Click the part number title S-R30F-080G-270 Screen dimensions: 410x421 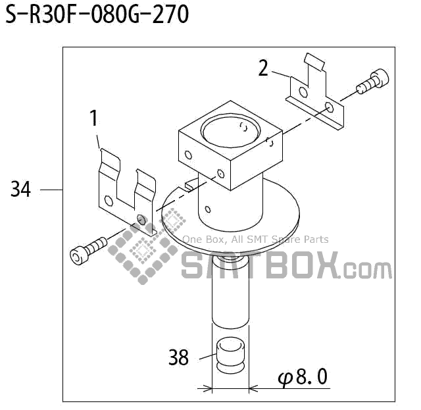[x=97, y=14]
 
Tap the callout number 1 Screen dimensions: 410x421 [x=93, y=118]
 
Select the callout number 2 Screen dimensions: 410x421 [x=263, y=68]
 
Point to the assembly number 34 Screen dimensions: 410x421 [x=20, y=190]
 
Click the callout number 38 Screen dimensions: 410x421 [x=178, y=357]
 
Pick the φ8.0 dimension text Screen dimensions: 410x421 [x=303, y=378]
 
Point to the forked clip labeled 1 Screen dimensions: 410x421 [x=125, y=191]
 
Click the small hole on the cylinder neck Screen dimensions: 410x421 [x=208, y=210]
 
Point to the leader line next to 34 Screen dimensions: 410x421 [x=51, y=190]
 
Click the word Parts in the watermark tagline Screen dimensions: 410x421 [x=315, y=240]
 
